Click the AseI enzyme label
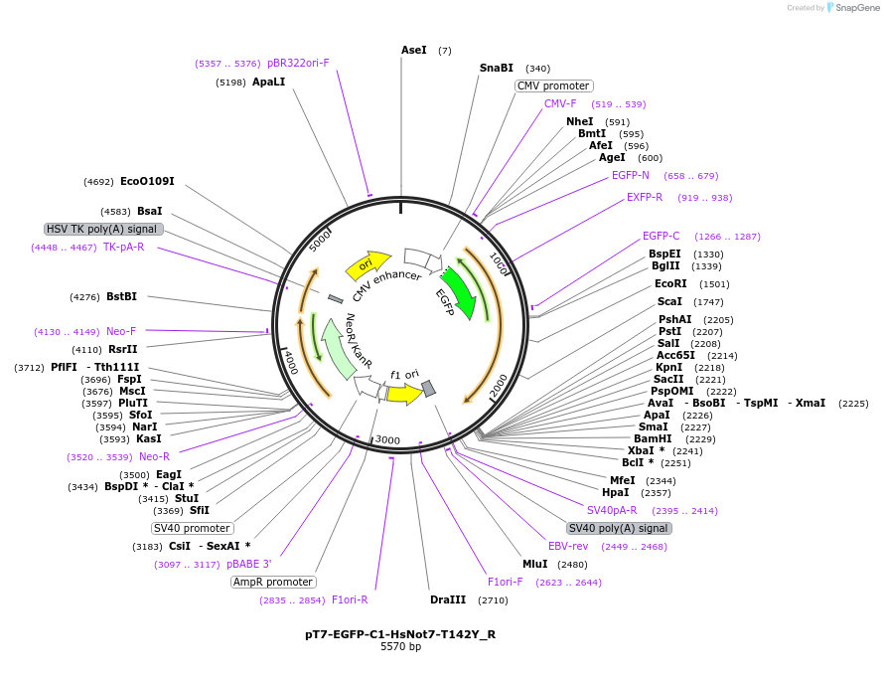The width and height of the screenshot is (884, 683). tap(413, 50)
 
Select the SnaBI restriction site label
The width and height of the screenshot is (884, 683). tap(497, 69)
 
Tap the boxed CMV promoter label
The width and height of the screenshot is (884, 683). tap(553, 86)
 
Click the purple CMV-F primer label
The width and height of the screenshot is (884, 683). tap(560, 104)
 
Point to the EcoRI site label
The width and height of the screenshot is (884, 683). tap(670, 284)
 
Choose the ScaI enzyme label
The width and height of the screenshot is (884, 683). tap(669, 301)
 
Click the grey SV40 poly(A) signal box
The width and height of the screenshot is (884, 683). tap(618, 528)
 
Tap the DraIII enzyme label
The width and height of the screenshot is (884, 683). tap(447, 600)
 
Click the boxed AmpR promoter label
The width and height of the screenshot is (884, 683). tap(273, 583)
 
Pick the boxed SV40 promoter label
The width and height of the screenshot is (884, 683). tap(193, 528)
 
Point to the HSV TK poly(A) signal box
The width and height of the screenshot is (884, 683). tap(103, 229)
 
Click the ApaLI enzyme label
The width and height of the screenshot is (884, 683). tap(268, 82)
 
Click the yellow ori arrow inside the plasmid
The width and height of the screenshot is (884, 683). tap(368, 264)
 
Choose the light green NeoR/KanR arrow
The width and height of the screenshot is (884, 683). tap(338, 348)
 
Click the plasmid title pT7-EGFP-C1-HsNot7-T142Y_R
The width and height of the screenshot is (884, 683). tap(400, 633)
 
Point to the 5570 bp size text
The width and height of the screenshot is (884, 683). tap(400, 647)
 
